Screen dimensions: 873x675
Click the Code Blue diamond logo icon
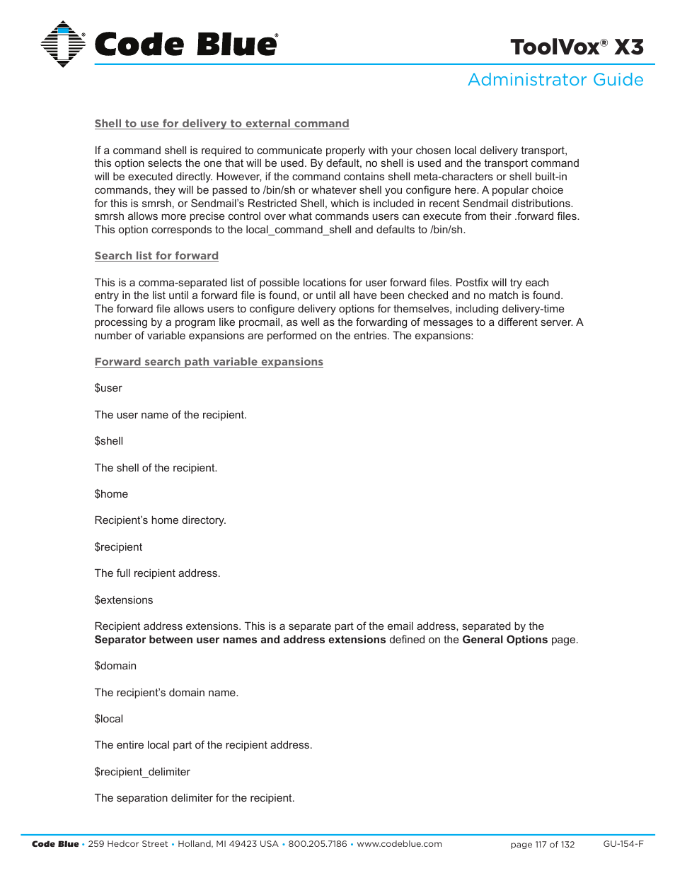pyautogui.click(x=63, y=44)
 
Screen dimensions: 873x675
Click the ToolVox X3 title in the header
pyautogui.click(x=577, y=47)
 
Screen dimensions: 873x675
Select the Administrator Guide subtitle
pyautogui.click(x=555, y=80)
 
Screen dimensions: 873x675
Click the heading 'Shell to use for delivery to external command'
pyautogui.click(x=221, y=124)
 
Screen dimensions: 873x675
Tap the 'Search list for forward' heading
pyautogui.click(x=156, y=256)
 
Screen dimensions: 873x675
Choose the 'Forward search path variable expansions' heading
pyautogui.click(x=209, y=362)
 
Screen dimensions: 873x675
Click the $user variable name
pyautogui.click(x=108, y=388)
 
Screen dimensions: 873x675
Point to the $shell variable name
pyautogui.click(x=109, y=441)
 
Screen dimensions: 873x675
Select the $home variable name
pyautogui.click(x=111, y=494)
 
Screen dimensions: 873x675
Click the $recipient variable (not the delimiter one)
pyautogui.click(x=118, y=547)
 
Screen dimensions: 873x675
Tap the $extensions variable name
pyautogui.click(x=124, y=600)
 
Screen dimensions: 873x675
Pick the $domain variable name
pyautogui.click(x=115, y=666)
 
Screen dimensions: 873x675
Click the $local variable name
pyautogui.click(x=109, y=719)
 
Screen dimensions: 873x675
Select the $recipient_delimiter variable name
pyautogui.click(x=142, y=772)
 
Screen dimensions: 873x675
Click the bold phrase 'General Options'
pyautogui.click(x=504, y=640)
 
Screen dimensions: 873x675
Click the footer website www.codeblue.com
pyautogui.click(x=399, y=844)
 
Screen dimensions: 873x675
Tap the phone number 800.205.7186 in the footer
pyautogui.click(x=318, y=844)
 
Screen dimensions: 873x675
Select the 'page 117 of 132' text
pyautogui.click(x=542, y=845)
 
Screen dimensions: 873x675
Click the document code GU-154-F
pyautogui.click(x=623, y=844)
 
